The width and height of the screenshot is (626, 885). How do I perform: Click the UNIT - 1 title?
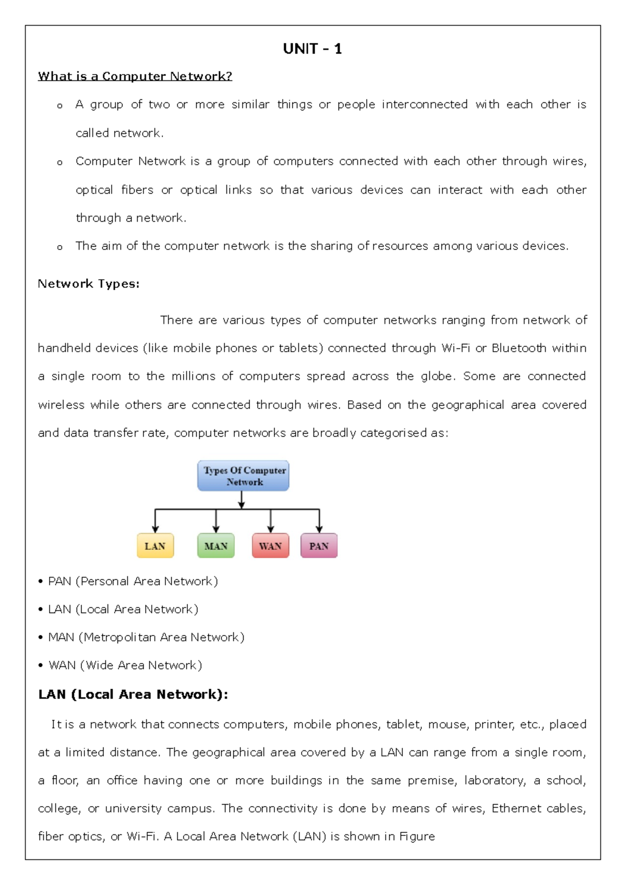312,49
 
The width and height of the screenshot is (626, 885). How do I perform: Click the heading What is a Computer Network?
135,76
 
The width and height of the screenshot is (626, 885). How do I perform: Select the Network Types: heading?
88,284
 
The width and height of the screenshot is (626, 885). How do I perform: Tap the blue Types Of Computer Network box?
243,476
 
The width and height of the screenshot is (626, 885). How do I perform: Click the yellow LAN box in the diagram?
155,546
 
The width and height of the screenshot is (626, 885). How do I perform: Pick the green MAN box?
216,546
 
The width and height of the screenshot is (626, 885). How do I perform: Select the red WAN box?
270,546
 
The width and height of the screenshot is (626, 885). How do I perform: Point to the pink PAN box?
319,546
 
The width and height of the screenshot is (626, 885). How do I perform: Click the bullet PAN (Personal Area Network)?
133,581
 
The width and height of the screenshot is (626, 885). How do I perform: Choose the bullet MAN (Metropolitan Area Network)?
146,637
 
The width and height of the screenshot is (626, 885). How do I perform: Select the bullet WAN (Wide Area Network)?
125,665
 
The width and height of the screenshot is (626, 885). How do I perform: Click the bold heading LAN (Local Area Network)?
133,695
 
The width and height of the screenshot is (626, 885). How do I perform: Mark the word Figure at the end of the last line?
417,836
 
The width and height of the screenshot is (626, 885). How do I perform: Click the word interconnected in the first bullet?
424,104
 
